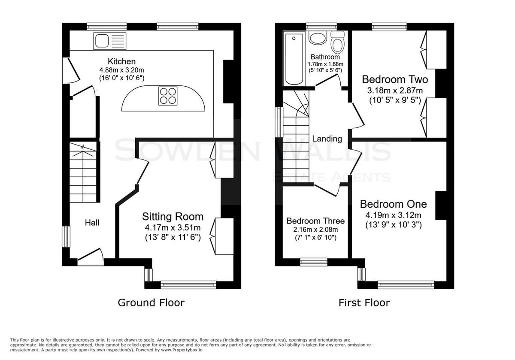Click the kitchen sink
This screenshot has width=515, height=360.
tap(110, 41)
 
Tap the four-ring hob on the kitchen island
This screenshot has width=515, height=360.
tap(168, 96)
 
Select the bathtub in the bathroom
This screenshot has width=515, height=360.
tap(294, 59)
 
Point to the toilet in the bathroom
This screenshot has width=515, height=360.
tap(337, 42)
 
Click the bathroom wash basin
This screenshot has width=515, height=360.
tap(318, 38)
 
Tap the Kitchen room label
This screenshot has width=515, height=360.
tap(121, 61)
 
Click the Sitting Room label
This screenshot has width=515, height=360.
tap(173, 217)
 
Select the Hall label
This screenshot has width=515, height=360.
tap(92, 223)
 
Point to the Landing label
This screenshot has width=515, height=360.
tap(327, 139)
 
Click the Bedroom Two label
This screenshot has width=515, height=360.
tap(395, 79)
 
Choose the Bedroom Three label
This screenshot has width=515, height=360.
tap(315, 221)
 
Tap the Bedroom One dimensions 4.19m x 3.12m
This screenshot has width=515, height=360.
tap(394, 215)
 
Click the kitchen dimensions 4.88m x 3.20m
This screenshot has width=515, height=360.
tap(121, 70)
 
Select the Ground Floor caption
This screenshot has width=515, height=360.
tap(151, 303)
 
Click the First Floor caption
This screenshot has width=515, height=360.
tap(364, 303)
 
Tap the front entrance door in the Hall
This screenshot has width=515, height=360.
tap(91, 257)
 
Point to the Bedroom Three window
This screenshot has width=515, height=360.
tap(314, 262)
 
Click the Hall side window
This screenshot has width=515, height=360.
tap(66, 237)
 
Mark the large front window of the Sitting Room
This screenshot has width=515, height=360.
tap(188, 284)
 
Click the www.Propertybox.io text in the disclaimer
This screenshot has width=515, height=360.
tap(182, 350)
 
